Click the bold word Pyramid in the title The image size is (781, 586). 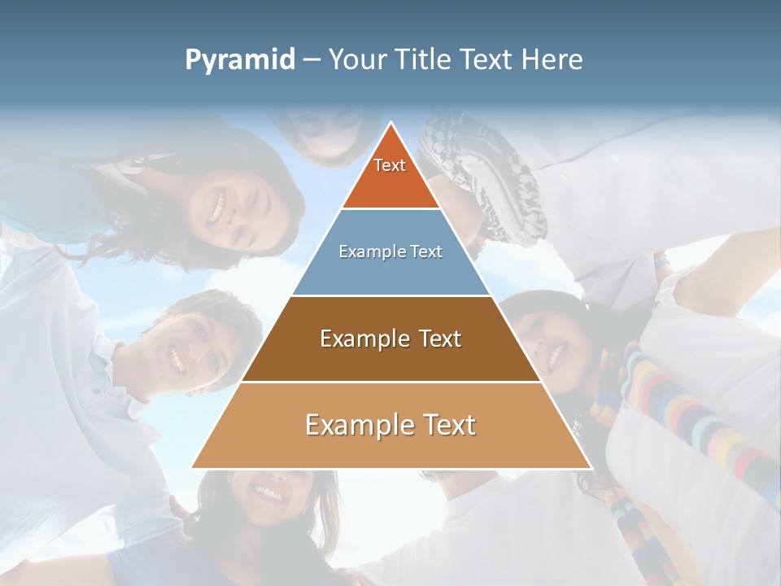[x=239, y=60]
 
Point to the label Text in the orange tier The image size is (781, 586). [x=390, y=165]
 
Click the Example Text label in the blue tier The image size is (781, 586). [x=390, y=251]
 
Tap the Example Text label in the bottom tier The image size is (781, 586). [x=390, y=425]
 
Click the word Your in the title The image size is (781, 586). [x=356, y=60]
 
